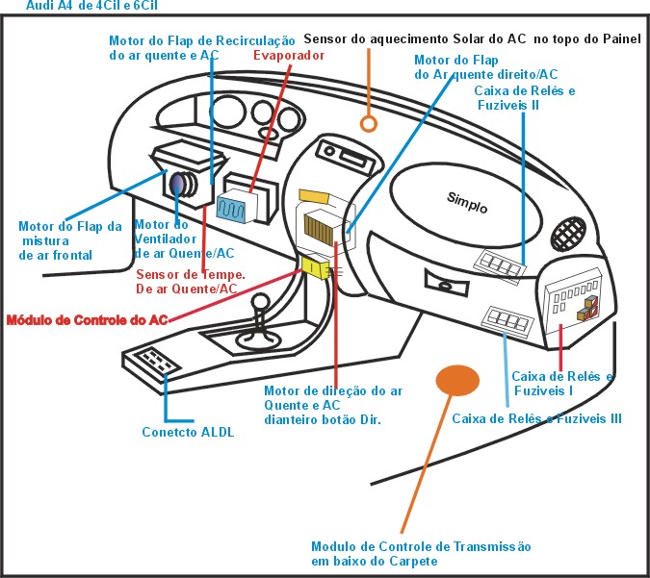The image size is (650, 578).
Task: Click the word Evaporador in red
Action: pyautogui.click(x=289, y=55)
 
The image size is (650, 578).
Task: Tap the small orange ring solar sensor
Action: pyautogui.click(x=367, y=123)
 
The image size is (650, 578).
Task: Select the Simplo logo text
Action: pyautogui.click(x=467, y=203)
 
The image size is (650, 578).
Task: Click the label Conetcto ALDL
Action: pyautogui.click(x=189, y=431)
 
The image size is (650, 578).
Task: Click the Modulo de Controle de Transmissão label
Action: pyautogui.click(x=421, y=553)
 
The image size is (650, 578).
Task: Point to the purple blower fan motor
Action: pyautogui.click(x=179, y=185)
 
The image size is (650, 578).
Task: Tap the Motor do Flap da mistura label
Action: pyautogui.click(x=69, y=240)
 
